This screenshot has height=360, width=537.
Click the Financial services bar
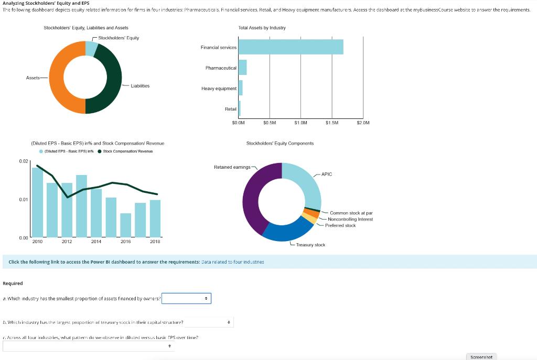[x=291, y=47]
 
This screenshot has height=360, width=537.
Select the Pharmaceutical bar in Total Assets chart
[x=242, y=68]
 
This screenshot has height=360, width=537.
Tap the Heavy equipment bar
[x=241, y=88]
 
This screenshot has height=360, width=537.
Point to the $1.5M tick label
[x=332, y=123]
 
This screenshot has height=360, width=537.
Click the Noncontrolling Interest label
[x=350, y=219]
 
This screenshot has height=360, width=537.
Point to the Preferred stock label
[x=340, y=225]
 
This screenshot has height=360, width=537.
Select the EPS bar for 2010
[x=37, y=202]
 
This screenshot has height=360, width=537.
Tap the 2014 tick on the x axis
[x=96, y=242]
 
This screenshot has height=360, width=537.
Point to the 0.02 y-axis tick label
[x=24, y=161]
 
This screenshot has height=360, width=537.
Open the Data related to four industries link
[x=233, y=261]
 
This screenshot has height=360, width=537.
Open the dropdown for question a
[x=186, y=298]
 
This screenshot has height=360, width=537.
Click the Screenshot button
[x=481, y=356]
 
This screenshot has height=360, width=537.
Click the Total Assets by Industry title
[x=262, y=27]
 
